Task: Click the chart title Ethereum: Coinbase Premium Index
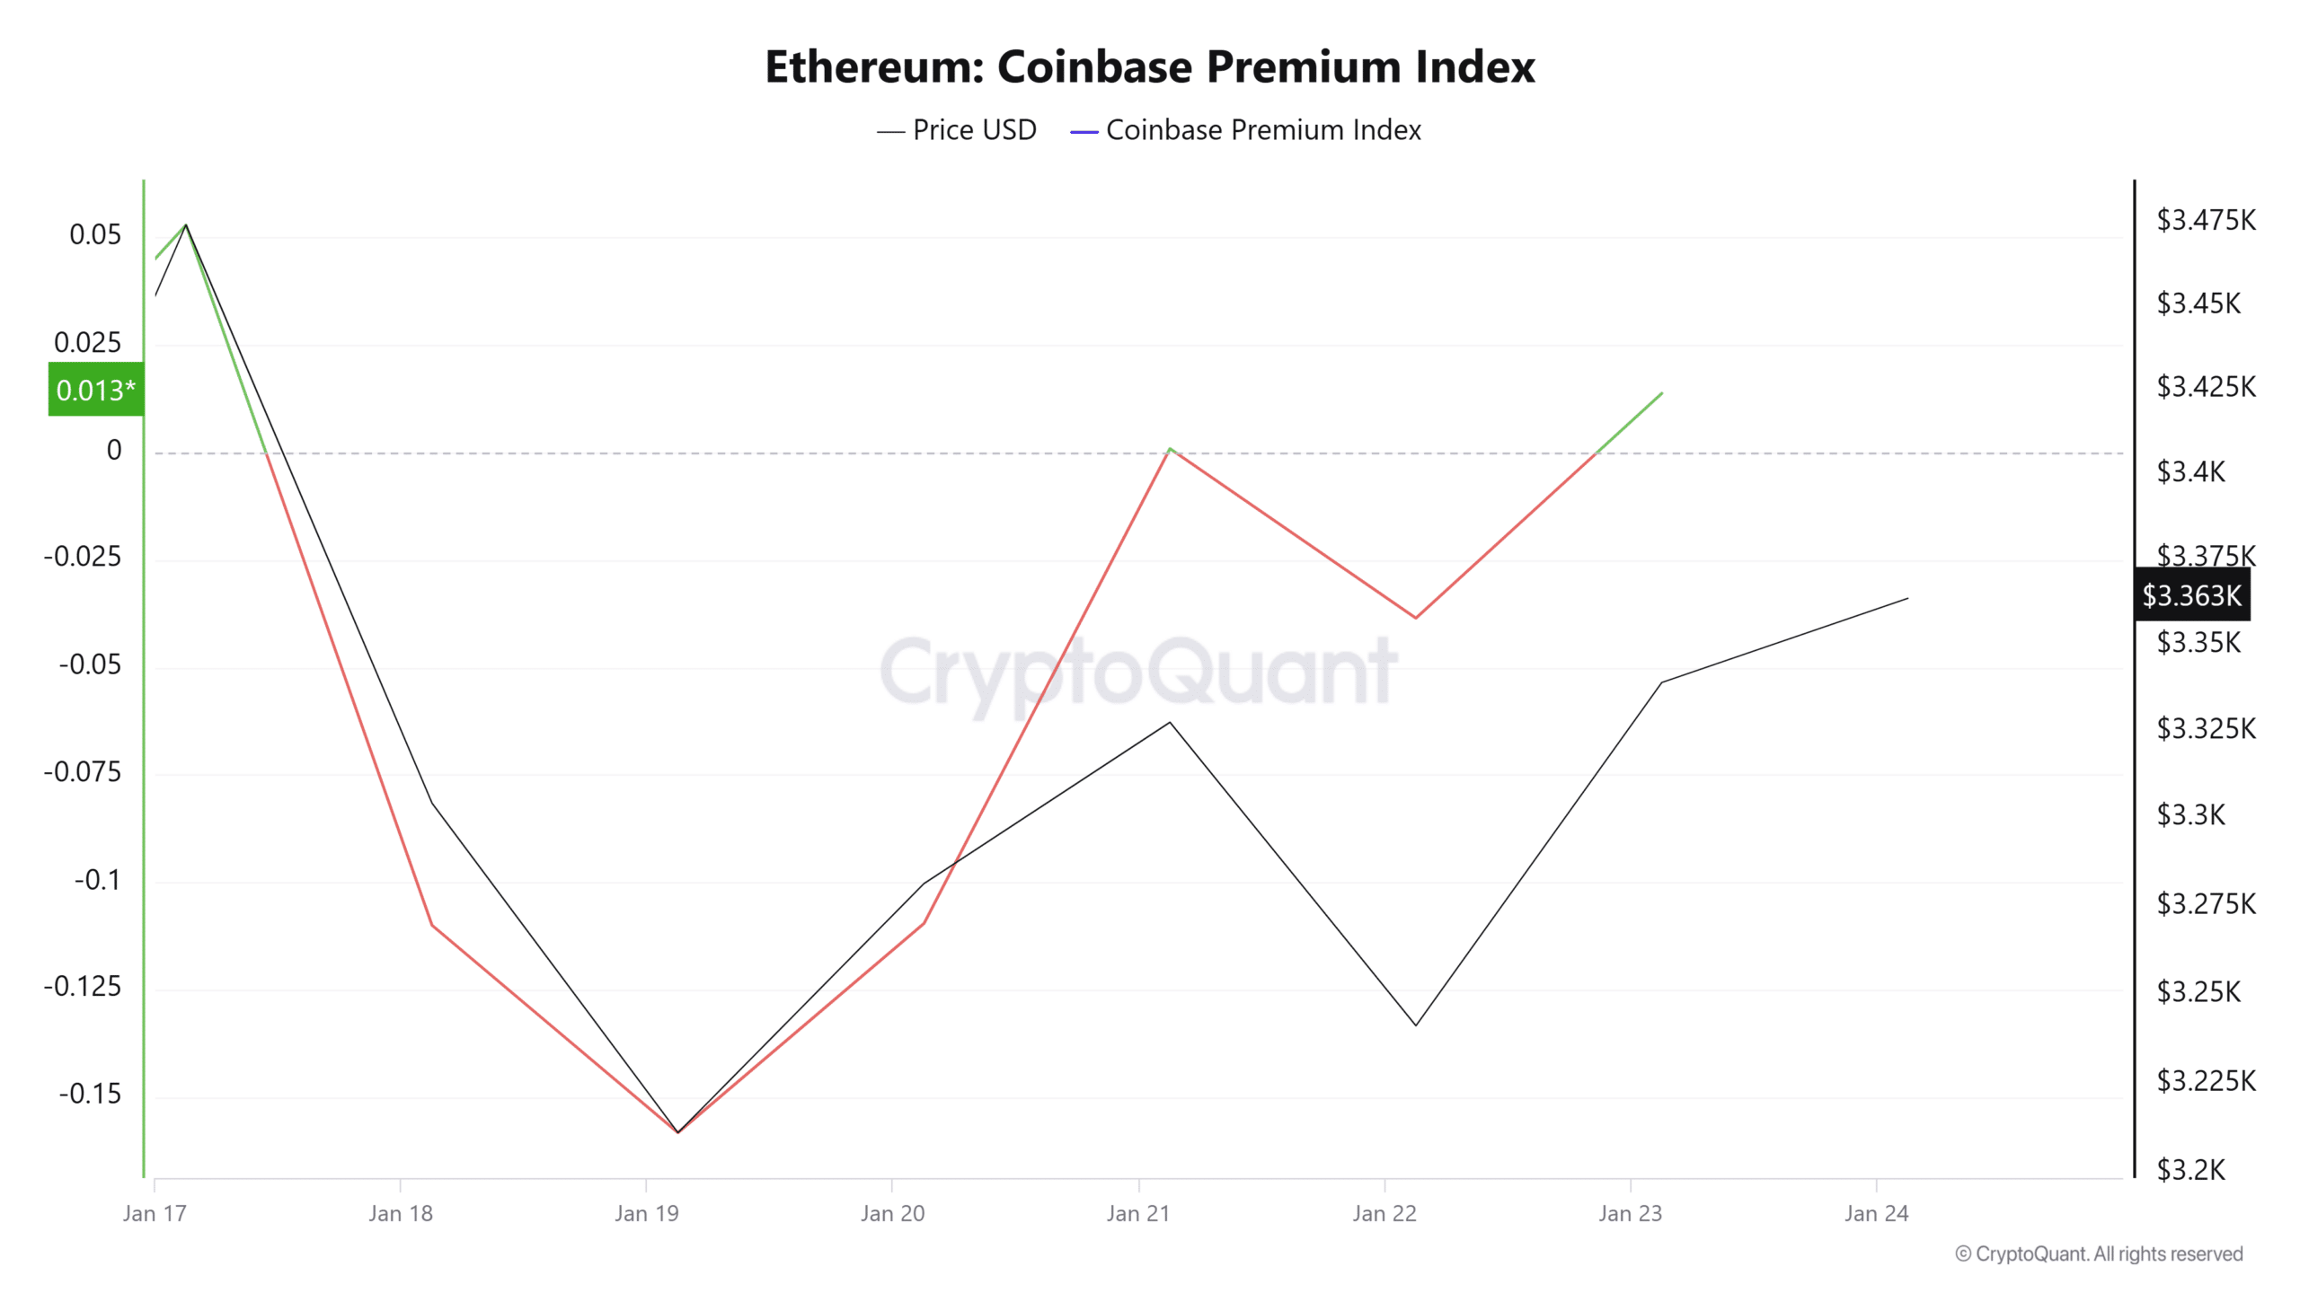point(1149,66)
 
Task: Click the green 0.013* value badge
point(95,390)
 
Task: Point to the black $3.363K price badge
point(2191,594)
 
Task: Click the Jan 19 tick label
point(646,1213)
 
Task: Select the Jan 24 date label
point(1876,1213)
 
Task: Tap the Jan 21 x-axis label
point(1137,1213)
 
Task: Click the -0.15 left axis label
point(90,1094)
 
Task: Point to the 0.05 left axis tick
point(95,234)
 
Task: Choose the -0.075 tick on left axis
point(83,771)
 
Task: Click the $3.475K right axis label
point(2206,220)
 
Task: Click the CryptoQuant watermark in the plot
point(1138,672)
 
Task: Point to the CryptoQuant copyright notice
point(2099,1253)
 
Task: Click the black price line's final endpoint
point(1907,598)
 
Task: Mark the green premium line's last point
point(1662,393)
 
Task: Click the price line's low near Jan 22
point(1416,1025)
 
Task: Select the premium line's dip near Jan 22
point(1416,618)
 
